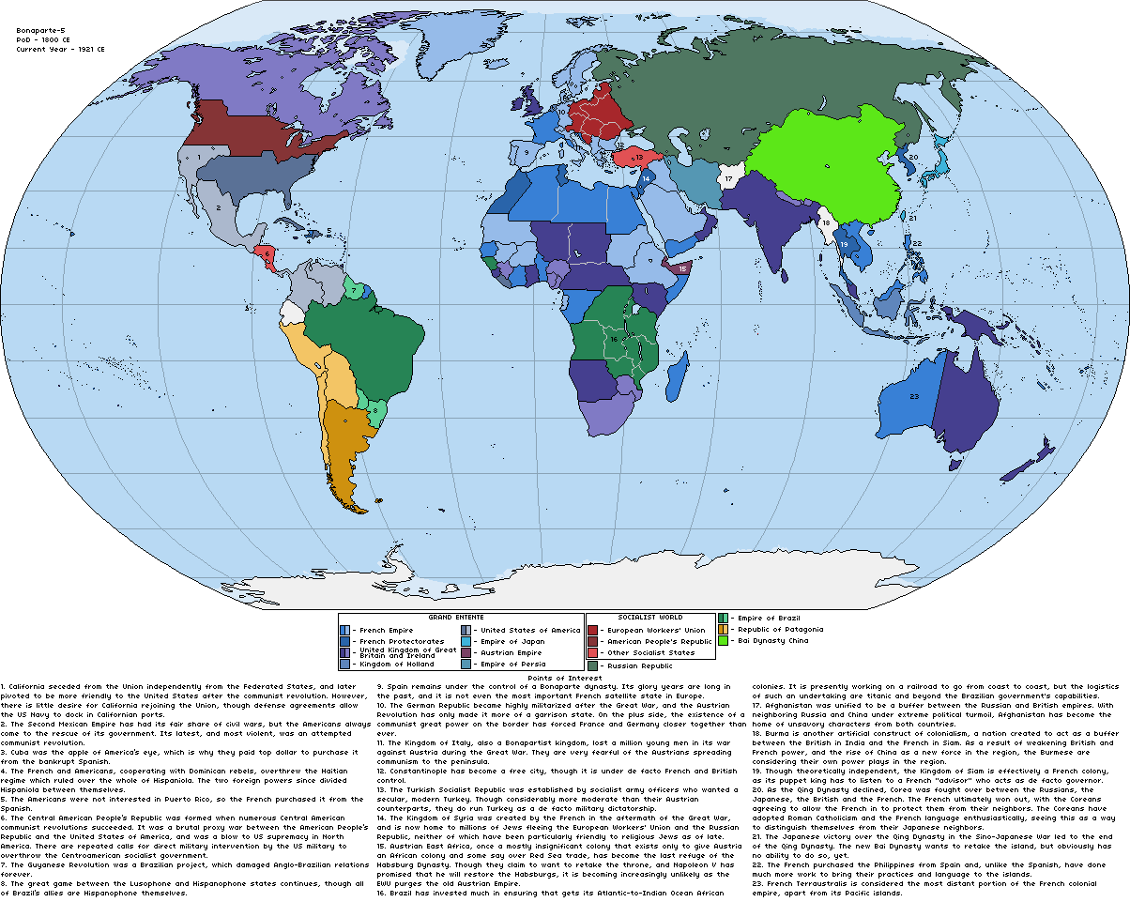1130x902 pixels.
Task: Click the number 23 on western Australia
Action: tap(914, 396)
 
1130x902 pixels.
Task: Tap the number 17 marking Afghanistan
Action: tap(729, 178)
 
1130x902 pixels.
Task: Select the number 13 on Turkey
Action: tap(637, 158)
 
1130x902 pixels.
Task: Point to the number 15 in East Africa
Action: tap(683, 268)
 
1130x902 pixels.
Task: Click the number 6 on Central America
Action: tap(267, 253)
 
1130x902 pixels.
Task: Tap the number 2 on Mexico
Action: tap(218, 208)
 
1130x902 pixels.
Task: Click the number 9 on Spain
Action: tap(528, 151)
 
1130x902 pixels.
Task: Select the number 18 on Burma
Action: tap(826, 223)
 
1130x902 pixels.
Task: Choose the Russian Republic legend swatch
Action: tap(593, 665)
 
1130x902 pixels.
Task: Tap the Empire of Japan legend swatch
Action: tap(466, 642)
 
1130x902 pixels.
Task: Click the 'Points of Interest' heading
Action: tap(564, 677)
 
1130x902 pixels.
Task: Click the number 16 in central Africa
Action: tap(614, 338)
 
